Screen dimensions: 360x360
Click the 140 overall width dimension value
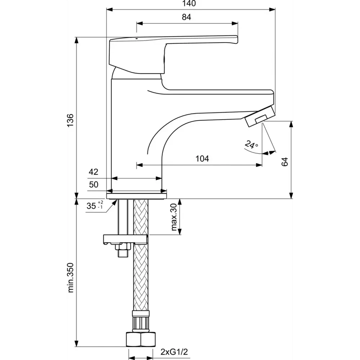tap(189, 4)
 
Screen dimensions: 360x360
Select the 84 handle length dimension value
tap(186, 17)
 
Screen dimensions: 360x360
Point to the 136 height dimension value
tap(70, 120)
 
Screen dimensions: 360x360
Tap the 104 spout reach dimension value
tap(202, 159)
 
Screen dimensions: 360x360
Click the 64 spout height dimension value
tap(285, 161)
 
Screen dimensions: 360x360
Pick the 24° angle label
tap(252, 145)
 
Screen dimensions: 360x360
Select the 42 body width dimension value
tap(94, 172)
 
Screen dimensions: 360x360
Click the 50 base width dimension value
tap(94, 185)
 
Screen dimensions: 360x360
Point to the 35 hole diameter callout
tap(95, 206)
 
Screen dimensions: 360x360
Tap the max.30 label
tap(174, 217)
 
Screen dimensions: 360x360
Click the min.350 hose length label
tap(71, 277)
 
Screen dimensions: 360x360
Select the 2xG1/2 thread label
tap(174, 351)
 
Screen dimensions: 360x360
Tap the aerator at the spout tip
tap(260, 116)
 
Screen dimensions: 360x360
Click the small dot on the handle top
tap(137, 39)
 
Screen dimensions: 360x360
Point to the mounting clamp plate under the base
tap(125, 239)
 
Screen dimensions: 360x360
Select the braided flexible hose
tap(141, 255)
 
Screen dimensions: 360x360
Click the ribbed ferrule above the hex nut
tap(141, 321)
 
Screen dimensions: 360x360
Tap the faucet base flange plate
tap(136, 196)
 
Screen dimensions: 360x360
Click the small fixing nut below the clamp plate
tap(123, 250)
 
